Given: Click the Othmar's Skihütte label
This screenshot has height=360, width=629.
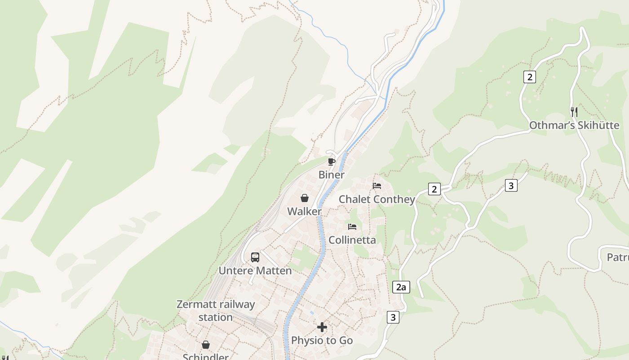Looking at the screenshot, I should (x=574, y=125).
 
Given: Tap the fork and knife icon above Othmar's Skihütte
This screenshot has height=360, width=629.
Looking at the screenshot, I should (x=574, y=112).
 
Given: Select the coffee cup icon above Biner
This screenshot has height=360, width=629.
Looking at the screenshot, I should (x=332, y=162).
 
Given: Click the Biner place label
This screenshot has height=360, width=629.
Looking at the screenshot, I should (x=332, y=175).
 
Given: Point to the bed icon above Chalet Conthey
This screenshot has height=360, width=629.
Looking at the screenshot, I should (x=377, y=185).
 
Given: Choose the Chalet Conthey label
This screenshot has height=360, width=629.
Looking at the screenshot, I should (x=377, y=199).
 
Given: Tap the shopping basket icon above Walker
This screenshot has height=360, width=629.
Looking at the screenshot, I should (x=304, y=198).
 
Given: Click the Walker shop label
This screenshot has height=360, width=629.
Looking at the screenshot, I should (x=304, y=211).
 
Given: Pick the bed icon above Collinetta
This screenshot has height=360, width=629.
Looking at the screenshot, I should (x=352, y=227).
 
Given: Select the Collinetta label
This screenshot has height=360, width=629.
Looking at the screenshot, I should (x=352, y=240).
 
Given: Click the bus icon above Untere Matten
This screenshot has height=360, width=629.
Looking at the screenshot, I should (x=255, y=257).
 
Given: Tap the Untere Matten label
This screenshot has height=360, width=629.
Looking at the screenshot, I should (x=255, y=270).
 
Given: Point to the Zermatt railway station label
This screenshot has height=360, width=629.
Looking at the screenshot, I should (x=216, y=310).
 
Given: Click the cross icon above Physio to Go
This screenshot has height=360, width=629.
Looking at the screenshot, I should (x=322, y=327).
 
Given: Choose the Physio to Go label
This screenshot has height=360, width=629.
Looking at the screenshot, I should (x=322, y=340).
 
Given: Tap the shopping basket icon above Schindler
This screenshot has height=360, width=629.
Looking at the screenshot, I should (x=205, y=345).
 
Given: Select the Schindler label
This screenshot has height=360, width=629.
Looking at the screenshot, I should (x=205, y=356).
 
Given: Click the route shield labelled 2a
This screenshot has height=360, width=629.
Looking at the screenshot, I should (x=401, y=287).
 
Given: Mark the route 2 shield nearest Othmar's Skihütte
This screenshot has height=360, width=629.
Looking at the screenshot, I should (x=529, y=77).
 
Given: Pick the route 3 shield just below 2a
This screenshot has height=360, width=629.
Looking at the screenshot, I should (x=393, y=317).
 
